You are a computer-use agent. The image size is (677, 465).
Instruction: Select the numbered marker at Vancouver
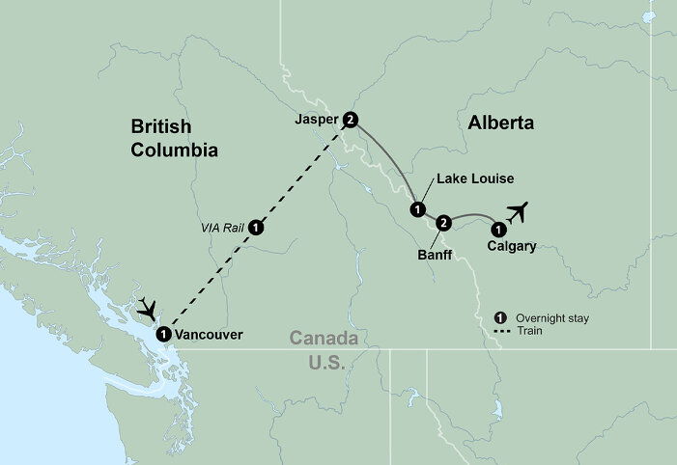[163, 334]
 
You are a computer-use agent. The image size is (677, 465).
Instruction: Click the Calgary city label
[512, 246]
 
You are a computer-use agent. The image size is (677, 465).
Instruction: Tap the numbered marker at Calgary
[497, 230]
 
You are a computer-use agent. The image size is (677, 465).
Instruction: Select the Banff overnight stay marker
[442, 224]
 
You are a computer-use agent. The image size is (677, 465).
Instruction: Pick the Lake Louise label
[473, 178]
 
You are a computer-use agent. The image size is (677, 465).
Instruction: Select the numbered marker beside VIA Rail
[256, 228]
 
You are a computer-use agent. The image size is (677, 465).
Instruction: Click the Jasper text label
[317, 121]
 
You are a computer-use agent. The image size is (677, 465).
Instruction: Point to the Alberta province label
[500, 123]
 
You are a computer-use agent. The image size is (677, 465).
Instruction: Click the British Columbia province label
[175, 138]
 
